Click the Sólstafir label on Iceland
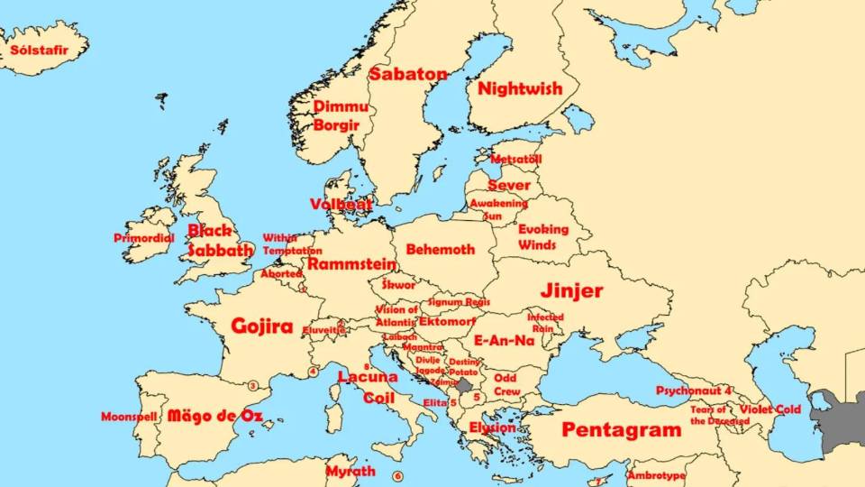[38, 51]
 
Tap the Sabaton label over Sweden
[408, 74]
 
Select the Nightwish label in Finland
[520, 88]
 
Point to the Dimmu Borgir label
[340, 115]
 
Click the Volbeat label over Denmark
[341, 205]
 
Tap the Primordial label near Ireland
[144, 238]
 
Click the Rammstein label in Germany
[351, 264]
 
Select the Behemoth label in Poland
[440, 249]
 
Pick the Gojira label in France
[262, 326]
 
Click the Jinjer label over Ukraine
[572, 290]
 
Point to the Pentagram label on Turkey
[622, 430]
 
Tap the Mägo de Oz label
[215, 417]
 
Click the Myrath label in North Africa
[351, 471]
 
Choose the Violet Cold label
[769, 409]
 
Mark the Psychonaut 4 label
[694, 391]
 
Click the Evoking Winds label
[543, 237]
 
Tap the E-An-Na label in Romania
[505, 340]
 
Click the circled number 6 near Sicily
[397, 476]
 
